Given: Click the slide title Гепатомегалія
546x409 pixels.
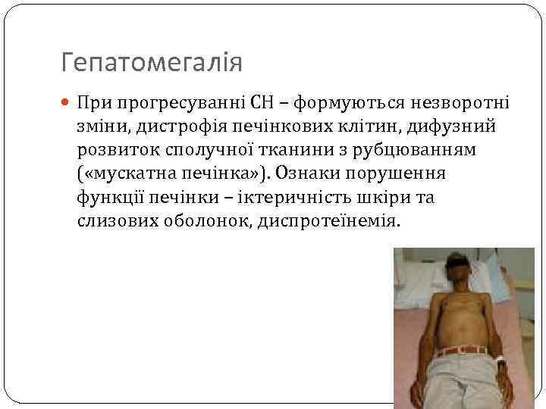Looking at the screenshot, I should (x=152, y=62).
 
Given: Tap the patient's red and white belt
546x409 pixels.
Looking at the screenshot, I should (x=461, y=350).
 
